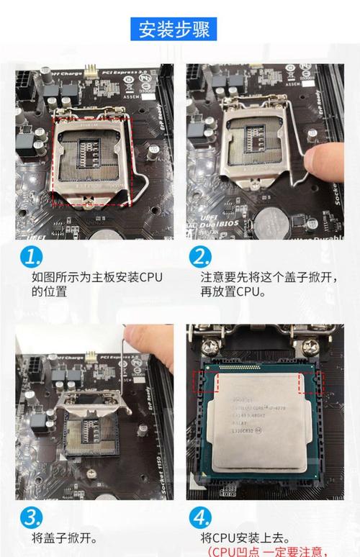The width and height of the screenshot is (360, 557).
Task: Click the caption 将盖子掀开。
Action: pos(65,538)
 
